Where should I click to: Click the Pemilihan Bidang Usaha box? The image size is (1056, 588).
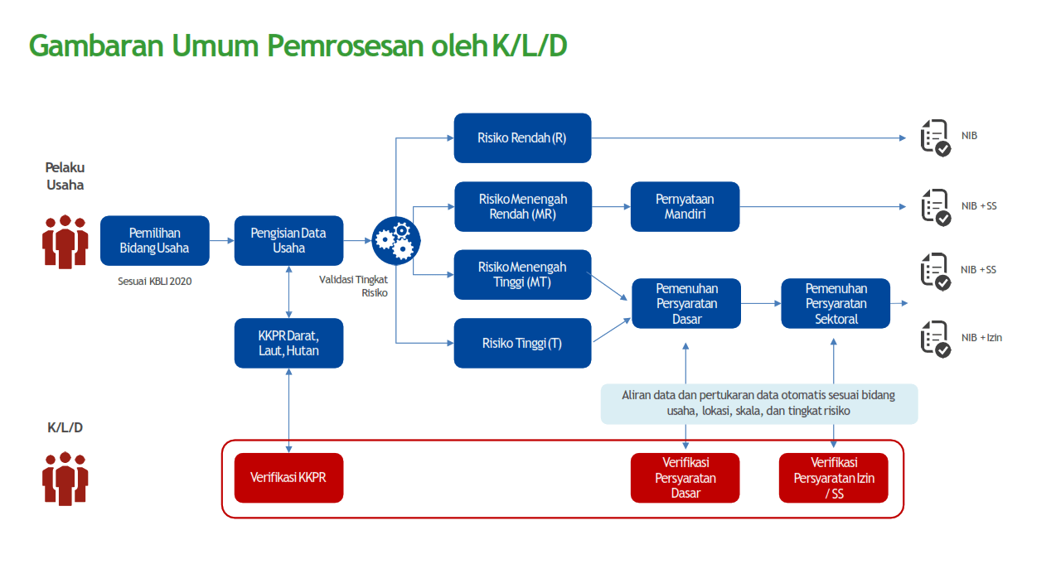pos(154,240)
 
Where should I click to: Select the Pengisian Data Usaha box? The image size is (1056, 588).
pos(288,240)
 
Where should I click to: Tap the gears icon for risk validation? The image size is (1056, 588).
pos(395,239)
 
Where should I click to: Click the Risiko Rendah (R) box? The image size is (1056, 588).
pos(522,137)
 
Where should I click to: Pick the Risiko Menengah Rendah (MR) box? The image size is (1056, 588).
pos(522,206)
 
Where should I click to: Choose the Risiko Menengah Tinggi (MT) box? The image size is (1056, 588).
pos(522,274)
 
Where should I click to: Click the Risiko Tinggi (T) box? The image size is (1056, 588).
pos(522,343)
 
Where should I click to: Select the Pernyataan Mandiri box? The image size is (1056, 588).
pos(685,206)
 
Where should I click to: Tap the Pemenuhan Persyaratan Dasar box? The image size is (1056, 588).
pos(686,303)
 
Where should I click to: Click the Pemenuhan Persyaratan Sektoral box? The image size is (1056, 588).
pos(836,303)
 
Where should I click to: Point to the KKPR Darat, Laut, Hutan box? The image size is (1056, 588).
pos(288,343)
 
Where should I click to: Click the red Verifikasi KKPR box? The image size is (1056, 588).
pos(288,478)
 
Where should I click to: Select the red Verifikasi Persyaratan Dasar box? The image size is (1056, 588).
pos(685,478)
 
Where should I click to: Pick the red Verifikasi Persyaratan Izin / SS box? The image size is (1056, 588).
pos(833,478)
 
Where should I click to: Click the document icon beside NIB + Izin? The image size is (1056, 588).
pos(936,339)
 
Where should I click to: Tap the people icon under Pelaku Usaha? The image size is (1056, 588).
pos(65,242)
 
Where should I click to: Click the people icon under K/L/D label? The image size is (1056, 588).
pos(65,478)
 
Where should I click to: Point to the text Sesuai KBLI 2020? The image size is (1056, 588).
pos(154,281)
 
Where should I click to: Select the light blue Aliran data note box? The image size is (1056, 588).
pos(758,403)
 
